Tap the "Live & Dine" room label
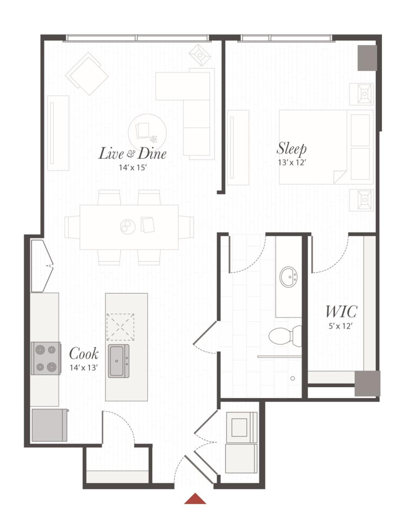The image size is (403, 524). pos(132,153)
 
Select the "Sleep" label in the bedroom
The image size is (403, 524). pos(291,149)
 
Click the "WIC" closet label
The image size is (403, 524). pos(341,311)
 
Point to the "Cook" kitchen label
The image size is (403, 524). pos(84,354)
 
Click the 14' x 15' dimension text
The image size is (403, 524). pos(133,168)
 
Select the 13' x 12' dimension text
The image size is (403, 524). pos(292,163)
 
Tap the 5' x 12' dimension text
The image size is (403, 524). pos(341,326)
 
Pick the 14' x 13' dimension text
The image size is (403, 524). pos(84,368)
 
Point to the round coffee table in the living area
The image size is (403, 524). pos(147,133)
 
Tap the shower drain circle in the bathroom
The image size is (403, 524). pos(293,378)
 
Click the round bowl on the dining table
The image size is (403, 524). pos(128,226)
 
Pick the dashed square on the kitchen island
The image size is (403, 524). pos(120,327)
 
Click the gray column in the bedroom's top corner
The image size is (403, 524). pos(367,58)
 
